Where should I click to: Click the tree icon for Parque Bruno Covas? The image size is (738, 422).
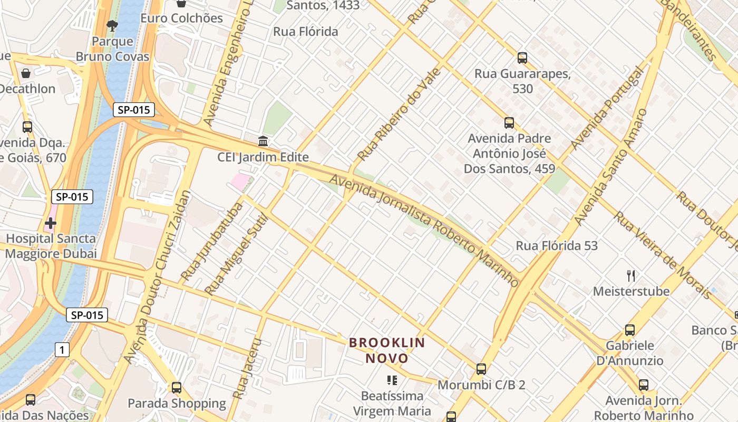(x=112, y=25)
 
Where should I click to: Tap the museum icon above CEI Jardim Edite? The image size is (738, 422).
(x=263, y=141)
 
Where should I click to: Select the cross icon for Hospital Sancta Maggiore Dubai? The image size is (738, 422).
(x=51, y=223)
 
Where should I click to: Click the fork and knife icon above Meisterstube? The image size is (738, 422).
(x=631, y=275)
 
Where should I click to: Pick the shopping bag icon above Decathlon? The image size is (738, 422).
(x=25, y=73)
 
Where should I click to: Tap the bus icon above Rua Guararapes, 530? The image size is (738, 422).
(x=522, y=57)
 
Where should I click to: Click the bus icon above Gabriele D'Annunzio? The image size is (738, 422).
(x=630, y=330)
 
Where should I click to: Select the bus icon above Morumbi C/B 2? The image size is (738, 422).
(x=481, y=369)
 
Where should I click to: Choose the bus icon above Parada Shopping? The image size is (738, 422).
(x=177, y=388)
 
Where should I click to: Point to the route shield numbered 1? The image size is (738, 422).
(x=62, y=349)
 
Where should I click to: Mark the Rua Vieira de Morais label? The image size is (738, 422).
(x=662, y=255)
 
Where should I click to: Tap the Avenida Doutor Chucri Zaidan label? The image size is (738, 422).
(x=158, y=277)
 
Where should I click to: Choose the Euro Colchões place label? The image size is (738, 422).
(x=181, y=18)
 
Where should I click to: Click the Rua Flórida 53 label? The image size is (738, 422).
(x=557, y=246)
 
